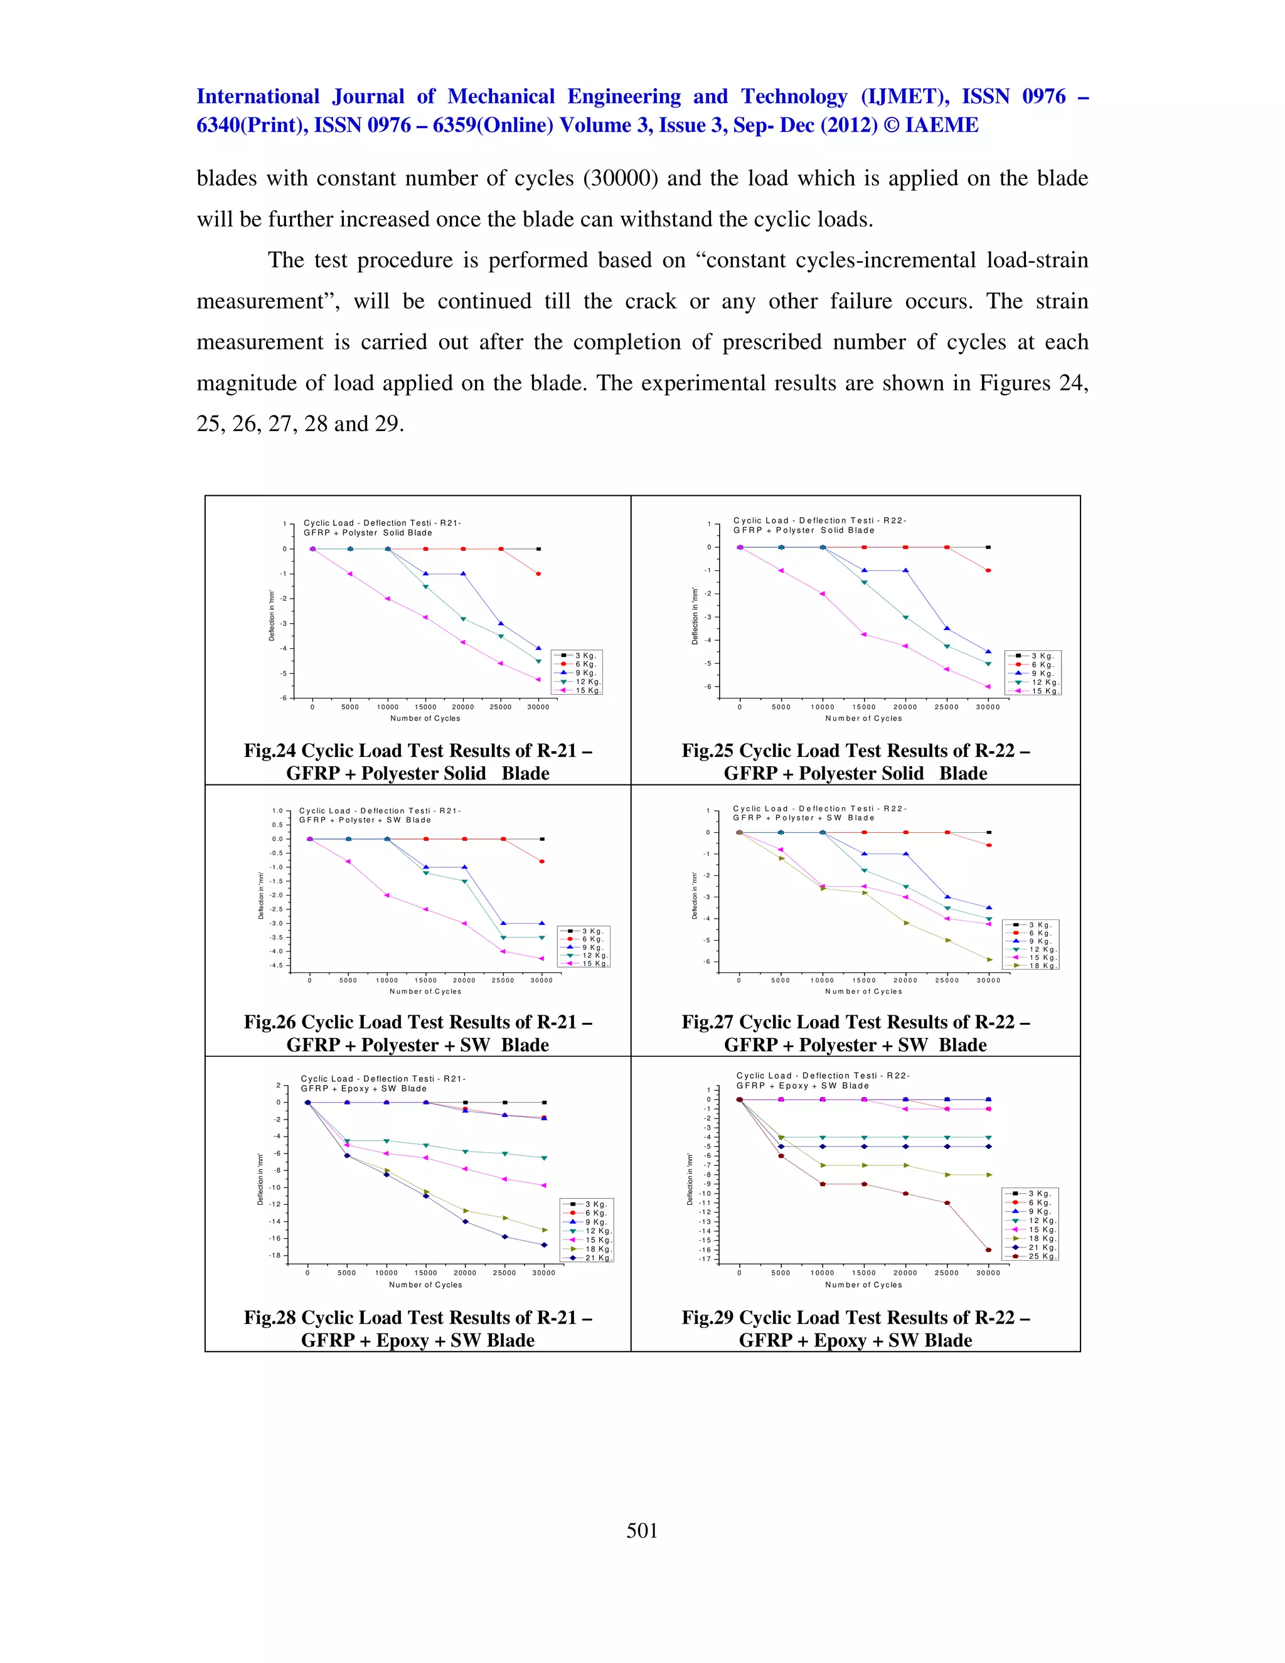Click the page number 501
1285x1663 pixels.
tap(642, 1531)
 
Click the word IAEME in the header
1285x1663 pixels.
tap(941, 125)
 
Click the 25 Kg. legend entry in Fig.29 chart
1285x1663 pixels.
tap(1042, 1256)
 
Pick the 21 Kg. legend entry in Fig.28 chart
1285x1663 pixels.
tap(597, 1258)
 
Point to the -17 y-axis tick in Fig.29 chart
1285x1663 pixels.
tap(704, 1259)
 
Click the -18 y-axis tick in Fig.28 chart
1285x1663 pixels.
tap(274, 1255)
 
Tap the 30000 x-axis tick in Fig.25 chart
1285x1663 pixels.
tap(988, 707)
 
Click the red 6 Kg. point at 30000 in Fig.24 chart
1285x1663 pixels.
tap(538, 574)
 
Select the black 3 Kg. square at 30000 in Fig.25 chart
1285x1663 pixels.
tap(988, 547)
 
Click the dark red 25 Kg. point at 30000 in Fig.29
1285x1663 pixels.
tap(988, 1249)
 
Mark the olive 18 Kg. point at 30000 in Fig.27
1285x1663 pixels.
tap(989, 960)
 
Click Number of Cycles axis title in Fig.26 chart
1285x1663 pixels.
tap(425, 992)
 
